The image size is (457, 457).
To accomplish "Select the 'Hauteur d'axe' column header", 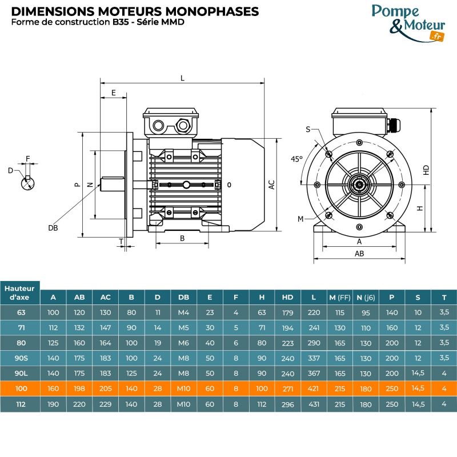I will [21, 292].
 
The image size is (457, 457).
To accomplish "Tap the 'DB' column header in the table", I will [183, 297].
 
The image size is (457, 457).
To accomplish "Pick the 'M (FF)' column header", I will [340, 297].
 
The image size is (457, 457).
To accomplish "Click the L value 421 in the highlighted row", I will [314, 389].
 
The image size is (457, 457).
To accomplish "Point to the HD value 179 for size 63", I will [287, 312].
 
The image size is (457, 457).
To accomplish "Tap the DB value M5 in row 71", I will [183, 328].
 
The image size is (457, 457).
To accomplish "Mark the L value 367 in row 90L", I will [314, 374].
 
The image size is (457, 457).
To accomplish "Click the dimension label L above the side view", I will [182, 78].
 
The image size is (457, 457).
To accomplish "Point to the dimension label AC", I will [272, 185].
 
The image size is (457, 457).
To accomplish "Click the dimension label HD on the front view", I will [426, 170].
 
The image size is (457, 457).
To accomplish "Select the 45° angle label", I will [296, 159].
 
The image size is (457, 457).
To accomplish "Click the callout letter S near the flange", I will [308, 130].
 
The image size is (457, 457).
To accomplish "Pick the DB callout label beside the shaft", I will [53, 227].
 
